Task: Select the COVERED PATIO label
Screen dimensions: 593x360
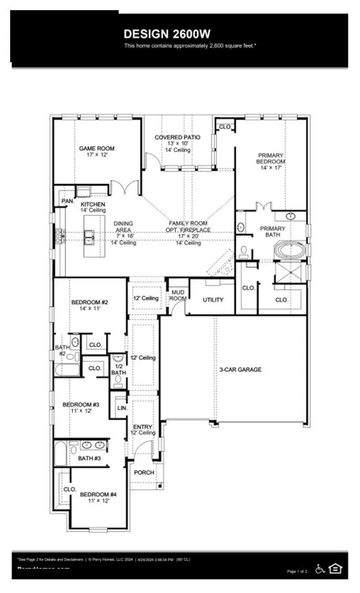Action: pos(177,138)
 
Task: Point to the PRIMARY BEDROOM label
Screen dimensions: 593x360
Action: pos(271,158)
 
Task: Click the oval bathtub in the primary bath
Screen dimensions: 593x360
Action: pos(290,251)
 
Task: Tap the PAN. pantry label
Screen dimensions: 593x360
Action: pos(67,201)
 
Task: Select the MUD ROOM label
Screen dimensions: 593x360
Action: pos(178,295)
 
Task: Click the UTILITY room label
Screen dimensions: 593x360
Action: pos(213,300)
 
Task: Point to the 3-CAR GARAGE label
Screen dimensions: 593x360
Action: pos(240,369)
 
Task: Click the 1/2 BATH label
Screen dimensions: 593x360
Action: pos(118,369)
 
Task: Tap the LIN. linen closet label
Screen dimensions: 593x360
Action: pos(122,408)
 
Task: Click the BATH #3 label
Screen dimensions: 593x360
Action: pos(90,458)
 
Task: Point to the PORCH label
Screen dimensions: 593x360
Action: pos(144,472)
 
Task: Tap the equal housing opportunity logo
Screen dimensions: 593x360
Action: pos(335,569)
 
